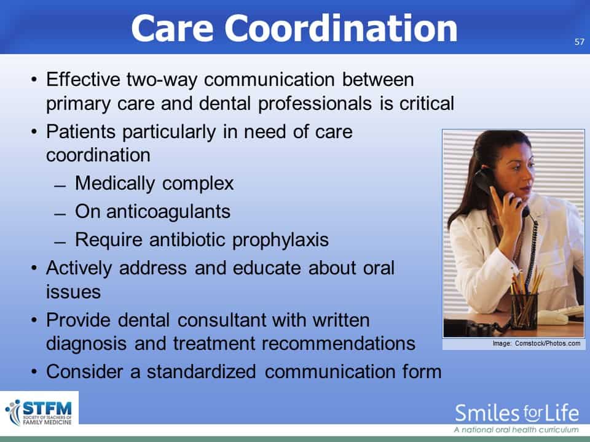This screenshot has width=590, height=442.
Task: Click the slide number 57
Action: pyautogui.click(x=580, y=42)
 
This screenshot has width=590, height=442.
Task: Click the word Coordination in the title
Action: pyautogui.click(x=341, y=29)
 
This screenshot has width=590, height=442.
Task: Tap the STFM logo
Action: pyautogui.click(x=39, y=413)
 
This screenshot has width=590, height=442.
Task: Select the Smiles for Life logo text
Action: pyautogui.click(x=517, y=413)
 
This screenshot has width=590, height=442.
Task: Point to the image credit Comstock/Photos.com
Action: pyautogui.click(x=548, y=343)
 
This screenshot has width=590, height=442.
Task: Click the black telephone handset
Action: pyautogui.click(x=496, y=188)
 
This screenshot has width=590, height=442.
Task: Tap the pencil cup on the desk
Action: pyautogui.click(x=524, y=309)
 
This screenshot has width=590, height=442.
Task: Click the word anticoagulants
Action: pyautogui.click(x=168, y=212)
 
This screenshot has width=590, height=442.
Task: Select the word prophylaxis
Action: pyautogui.click(x=280, y=240)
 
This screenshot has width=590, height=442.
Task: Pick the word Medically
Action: pyautogui.click(x=115, y=184)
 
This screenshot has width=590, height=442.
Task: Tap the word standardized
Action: pyautogui.click(x=202, y=371)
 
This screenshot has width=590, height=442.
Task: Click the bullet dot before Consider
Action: pyautogui.click(x=34, y=372)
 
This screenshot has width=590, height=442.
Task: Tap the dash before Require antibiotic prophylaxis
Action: pyautogui.click(x=60, y=242)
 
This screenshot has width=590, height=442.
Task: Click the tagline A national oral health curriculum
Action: pyautogui.click(x=516, y=430)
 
